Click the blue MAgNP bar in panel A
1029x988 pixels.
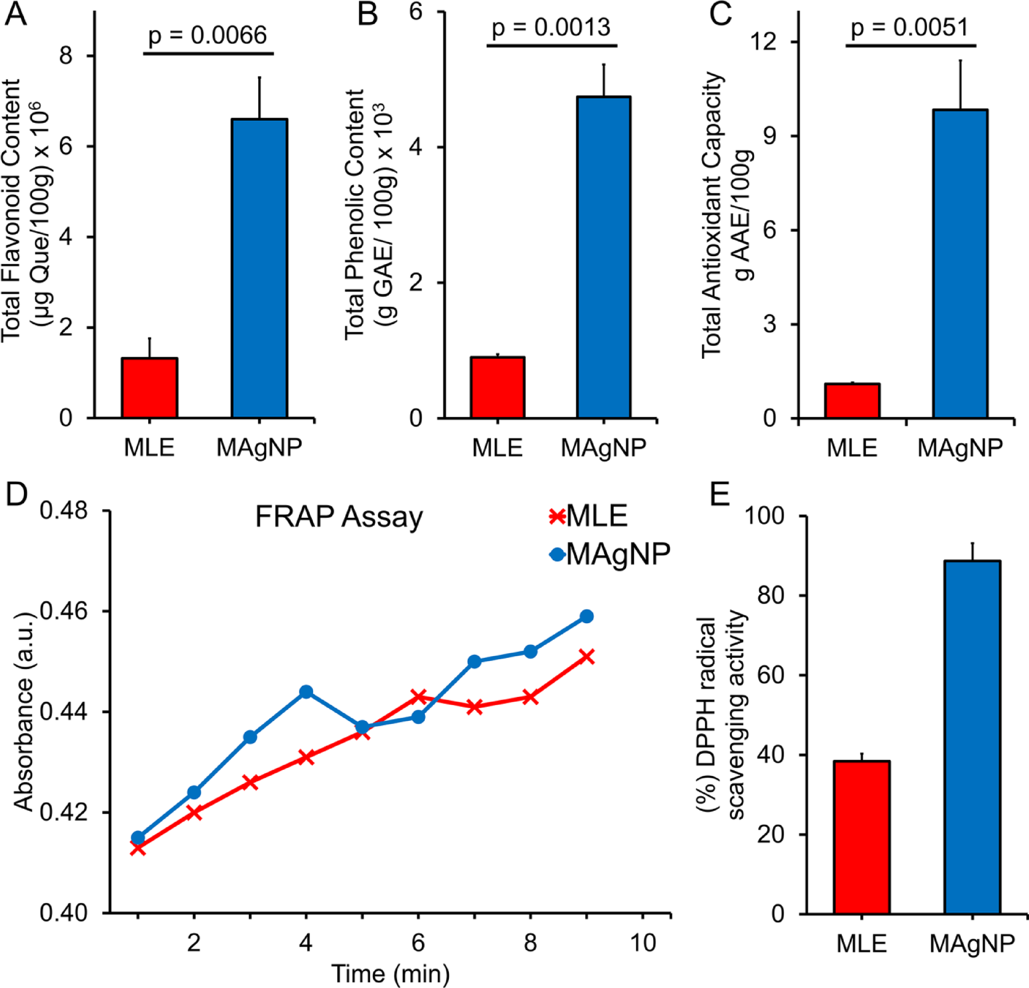(x=259, y=268)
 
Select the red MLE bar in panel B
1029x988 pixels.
(x=497, y=388)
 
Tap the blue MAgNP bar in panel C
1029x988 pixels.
(x=960, y=264)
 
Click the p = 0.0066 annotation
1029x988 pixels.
(x=208, y=36)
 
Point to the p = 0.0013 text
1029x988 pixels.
(x=551, y=28)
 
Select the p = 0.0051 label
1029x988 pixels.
(x=910, y=27)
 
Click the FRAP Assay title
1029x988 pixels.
(x=339, y=517)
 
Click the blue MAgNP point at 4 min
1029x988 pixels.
(x=306, y=692)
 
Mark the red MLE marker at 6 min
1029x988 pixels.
(x=418, y=696)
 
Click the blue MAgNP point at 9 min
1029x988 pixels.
(x=587, y=616)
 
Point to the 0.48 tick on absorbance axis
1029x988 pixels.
(x=63, y=511)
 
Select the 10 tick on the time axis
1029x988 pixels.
(x=643, y=943)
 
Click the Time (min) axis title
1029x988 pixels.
(x=390, y=974)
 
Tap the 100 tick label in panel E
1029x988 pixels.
(x=764, y=515)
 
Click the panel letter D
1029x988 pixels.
(x=16, y=493)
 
